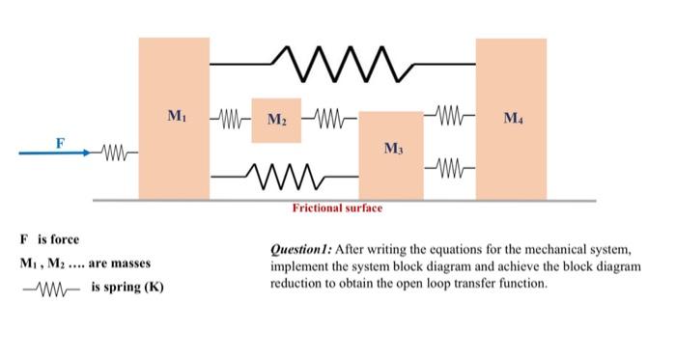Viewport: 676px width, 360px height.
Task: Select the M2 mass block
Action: click(x=275, y=121)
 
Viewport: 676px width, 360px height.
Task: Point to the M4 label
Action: click(x=513, y=120)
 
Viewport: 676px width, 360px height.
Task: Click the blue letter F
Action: click(x=60, y=142)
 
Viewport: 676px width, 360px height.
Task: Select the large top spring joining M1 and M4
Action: click(x=343, y=63)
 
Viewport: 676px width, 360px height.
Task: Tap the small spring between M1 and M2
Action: click(x=231, y=120)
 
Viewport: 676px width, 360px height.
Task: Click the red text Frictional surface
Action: click(x=338, y=208)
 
